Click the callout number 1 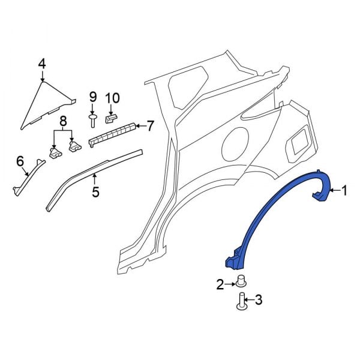click(344, 191)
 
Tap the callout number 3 click(259, 300)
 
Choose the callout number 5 click(94, 193)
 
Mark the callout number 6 click(20, 160)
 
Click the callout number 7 click(150, 125)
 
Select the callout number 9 click(93, 97)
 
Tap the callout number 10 click(113, 98)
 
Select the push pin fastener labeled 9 click(94, 119)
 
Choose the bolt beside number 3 click(243, 302)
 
